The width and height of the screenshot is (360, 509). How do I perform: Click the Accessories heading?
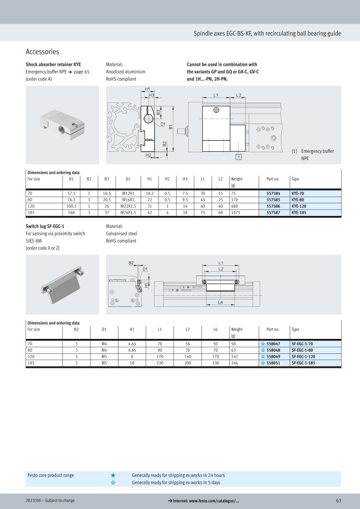click(43, 52)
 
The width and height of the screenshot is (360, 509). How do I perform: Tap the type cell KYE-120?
click(300, 205)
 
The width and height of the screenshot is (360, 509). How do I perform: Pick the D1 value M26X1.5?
click(128, 212)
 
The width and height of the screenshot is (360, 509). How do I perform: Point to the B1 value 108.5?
click(71, 205)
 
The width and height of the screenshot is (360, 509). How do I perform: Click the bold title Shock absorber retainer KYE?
click(53, 64)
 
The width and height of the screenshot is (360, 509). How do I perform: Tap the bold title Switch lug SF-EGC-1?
click(45, 227)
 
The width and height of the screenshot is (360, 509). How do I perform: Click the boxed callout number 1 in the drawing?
click(238, 157)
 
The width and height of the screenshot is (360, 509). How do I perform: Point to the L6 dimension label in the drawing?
click(220, 303)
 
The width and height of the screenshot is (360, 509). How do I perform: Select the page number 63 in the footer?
click(338, 501)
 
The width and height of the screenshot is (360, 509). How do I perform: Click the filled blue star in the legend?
click(113, 475)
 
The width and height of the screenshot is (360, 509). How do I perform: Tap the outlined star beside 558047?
click(263, 344)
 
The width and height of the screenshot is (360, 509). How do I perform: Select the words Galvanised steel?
click(121, 234)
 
